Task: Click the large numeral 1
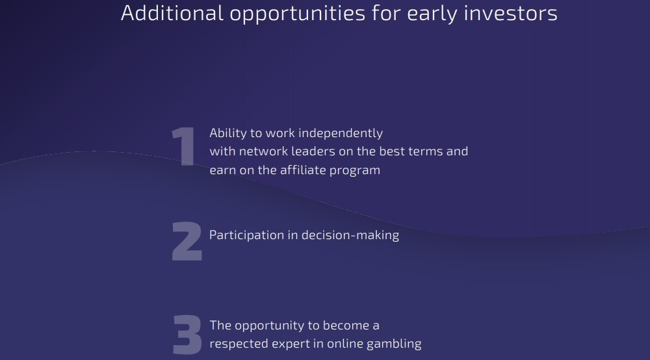tap(185, 146)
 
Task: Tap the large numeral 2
tap(187, 241)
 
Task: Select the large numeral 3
tap(187, 335)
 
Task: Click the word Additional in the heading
tap(172, 13)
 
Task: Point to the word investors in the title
tap(510, 13)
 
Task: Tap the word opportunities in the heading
tap(298, 15)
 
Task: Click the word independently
tap(341, 133)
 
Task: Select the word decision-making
tap(350, 236)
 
